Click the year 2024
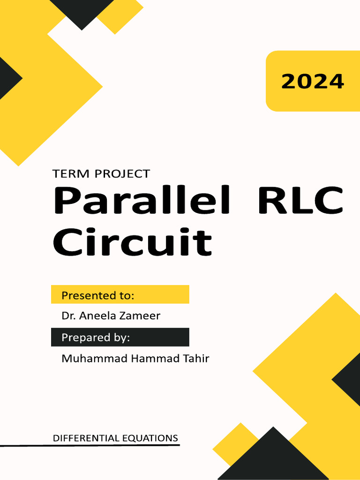(313, 82)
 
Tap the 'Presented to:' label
(98, 295)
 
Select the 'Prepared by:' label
(96, 337)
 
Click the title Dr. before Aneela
(68, 316)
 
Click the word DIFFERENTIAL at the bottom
(87, 438)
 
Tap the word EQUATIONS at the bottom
(150, 438)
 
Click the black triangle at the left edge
(7, 77)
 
